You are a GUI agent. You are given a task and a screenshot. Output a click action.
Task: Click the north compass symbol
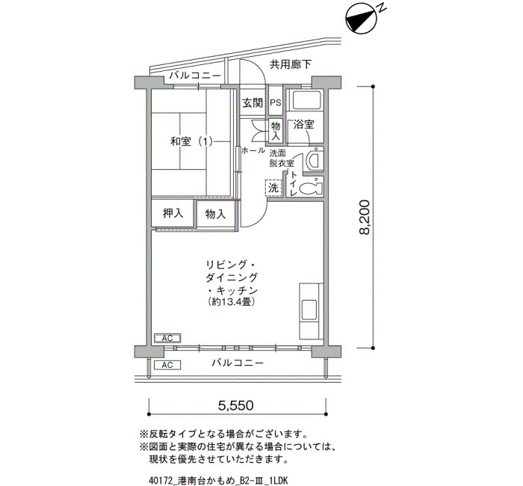coord(361,19)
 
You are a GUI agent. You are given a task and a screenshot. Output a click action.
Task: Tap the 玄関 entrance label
coord(253,103)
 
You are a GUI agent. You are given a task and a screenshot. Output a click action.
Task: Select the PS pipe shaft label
coord(276,103)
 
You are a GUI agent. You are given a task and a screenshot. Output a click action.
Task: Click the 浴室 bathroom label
coord(303,125)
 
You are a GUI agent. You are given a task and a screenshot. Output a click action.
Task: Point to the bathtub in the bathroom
coord(306,99)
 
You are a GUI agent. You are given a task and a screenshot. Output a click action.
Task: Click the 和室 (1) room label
coord(191,142)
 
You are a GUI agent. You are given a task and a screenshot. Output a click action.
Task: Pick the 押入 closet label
coord(173,213)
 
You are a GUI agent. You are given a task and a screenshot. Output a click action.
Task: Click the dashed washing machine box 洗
coord(273,188)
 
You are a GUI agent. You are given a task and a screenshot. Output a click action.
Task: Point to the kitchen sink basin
coord(309,310)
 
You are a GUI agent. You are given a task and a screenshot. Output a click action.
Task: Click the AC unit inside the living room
coord(167,339)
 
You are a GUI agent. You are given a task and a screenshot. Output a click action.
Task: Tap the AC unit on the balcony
coord(167,365)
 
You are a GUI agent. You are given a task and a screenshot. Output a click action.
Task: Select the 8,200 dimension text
coord(365,218)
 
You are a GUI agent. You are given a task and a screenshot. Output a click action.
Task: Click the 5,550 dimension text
coord(236,405)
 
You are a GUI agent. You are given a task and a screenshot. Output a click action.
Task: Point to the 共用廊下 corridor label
coord(291,64)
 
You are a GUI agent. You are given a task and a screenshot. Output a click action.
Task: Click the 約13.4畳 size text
coord(231,302)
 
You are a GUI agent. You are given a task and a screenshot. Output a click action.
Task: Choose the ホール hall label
coord(253,150)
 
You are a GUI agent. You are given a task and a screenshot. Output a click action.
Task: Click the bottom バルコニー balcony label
coord(238,363)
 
